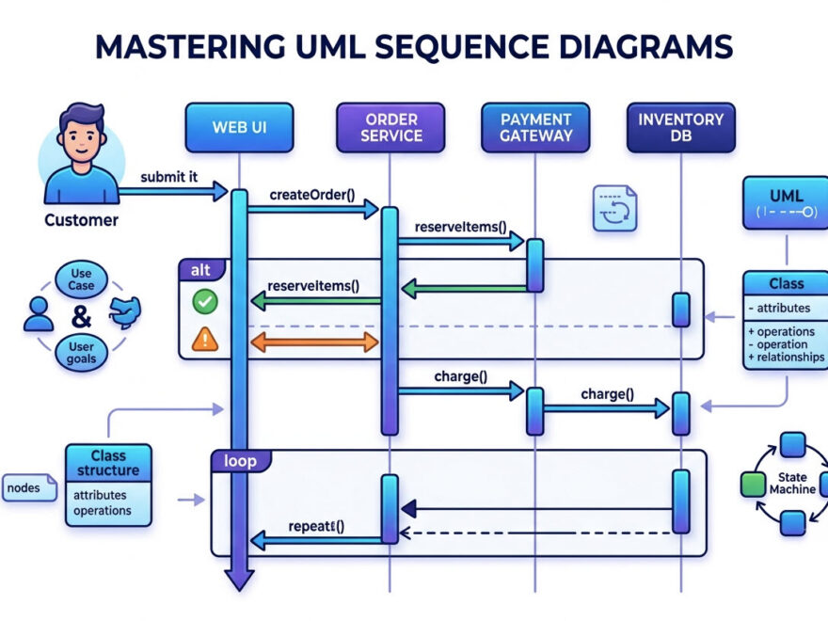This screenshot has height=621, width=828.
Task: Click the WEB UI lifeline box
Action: (x=239, y=127)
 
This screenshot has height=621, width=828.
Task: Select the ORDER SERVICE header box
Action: (x=390, y=127)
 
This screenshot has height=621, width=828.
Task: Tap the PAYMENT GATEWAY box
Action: (x=535, y=127)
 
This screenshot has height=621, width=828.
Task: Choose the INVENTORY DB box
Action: (x=680, y=127)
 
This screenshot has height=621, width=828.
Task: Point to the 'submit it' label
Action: (x=169, y=177)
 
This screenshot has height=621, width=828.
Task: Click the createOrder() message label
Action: (x=312, y=195)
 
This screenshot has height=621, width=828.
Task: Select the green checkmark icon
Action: (x=205, y=301)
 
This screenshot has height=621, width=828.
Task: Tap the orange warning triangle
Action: (x=205, y=339)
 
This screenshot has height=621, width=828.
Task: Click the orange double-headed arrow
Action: (x=314, y=342)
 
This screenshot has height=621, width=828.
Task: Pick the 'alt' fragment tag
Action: (x=201, y=270)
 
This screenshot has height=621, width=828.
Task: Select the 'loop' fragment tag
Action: (x=241, y=461)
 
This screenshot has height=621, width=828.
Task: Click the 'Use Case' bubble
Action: (x=81, y=279)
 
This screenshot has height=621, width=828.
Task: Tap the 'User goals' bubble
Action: (x=81, y=353)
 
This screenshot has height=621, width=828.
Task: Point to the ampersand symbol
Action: (x=81, y=316)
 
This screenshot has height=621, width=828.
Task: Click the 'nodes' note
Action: (x=29, y=487)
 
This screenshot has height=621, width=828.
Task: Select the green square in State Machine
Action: (x=753, y=485)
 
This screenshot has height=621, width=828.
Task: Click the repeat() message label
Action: (x=316, y=527)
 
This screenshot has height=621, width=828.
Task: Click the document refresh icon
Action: (x=614, y=208)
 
